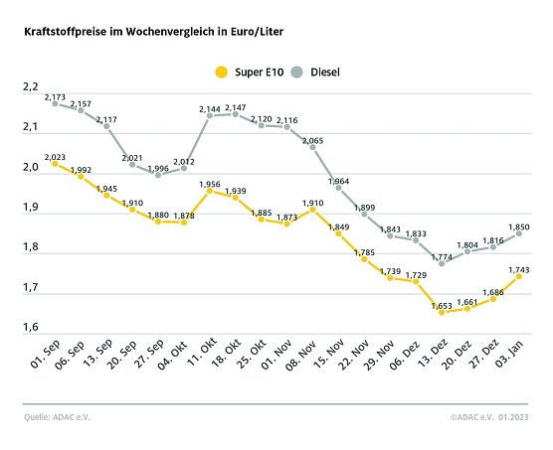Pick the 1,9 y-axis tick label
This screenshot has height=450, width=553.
point(30,209)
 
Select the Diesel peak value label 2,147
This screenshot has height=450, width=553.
point(236,106)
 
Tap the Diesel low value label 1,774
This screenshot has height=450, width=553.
point(443,255)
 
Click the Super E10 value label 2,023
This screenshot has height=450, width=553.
point(55,155)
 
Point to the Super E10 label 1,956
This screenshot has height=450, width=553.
point(210,184)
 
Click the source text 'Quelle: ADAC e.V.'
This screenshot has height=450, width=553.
point(57,417)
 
